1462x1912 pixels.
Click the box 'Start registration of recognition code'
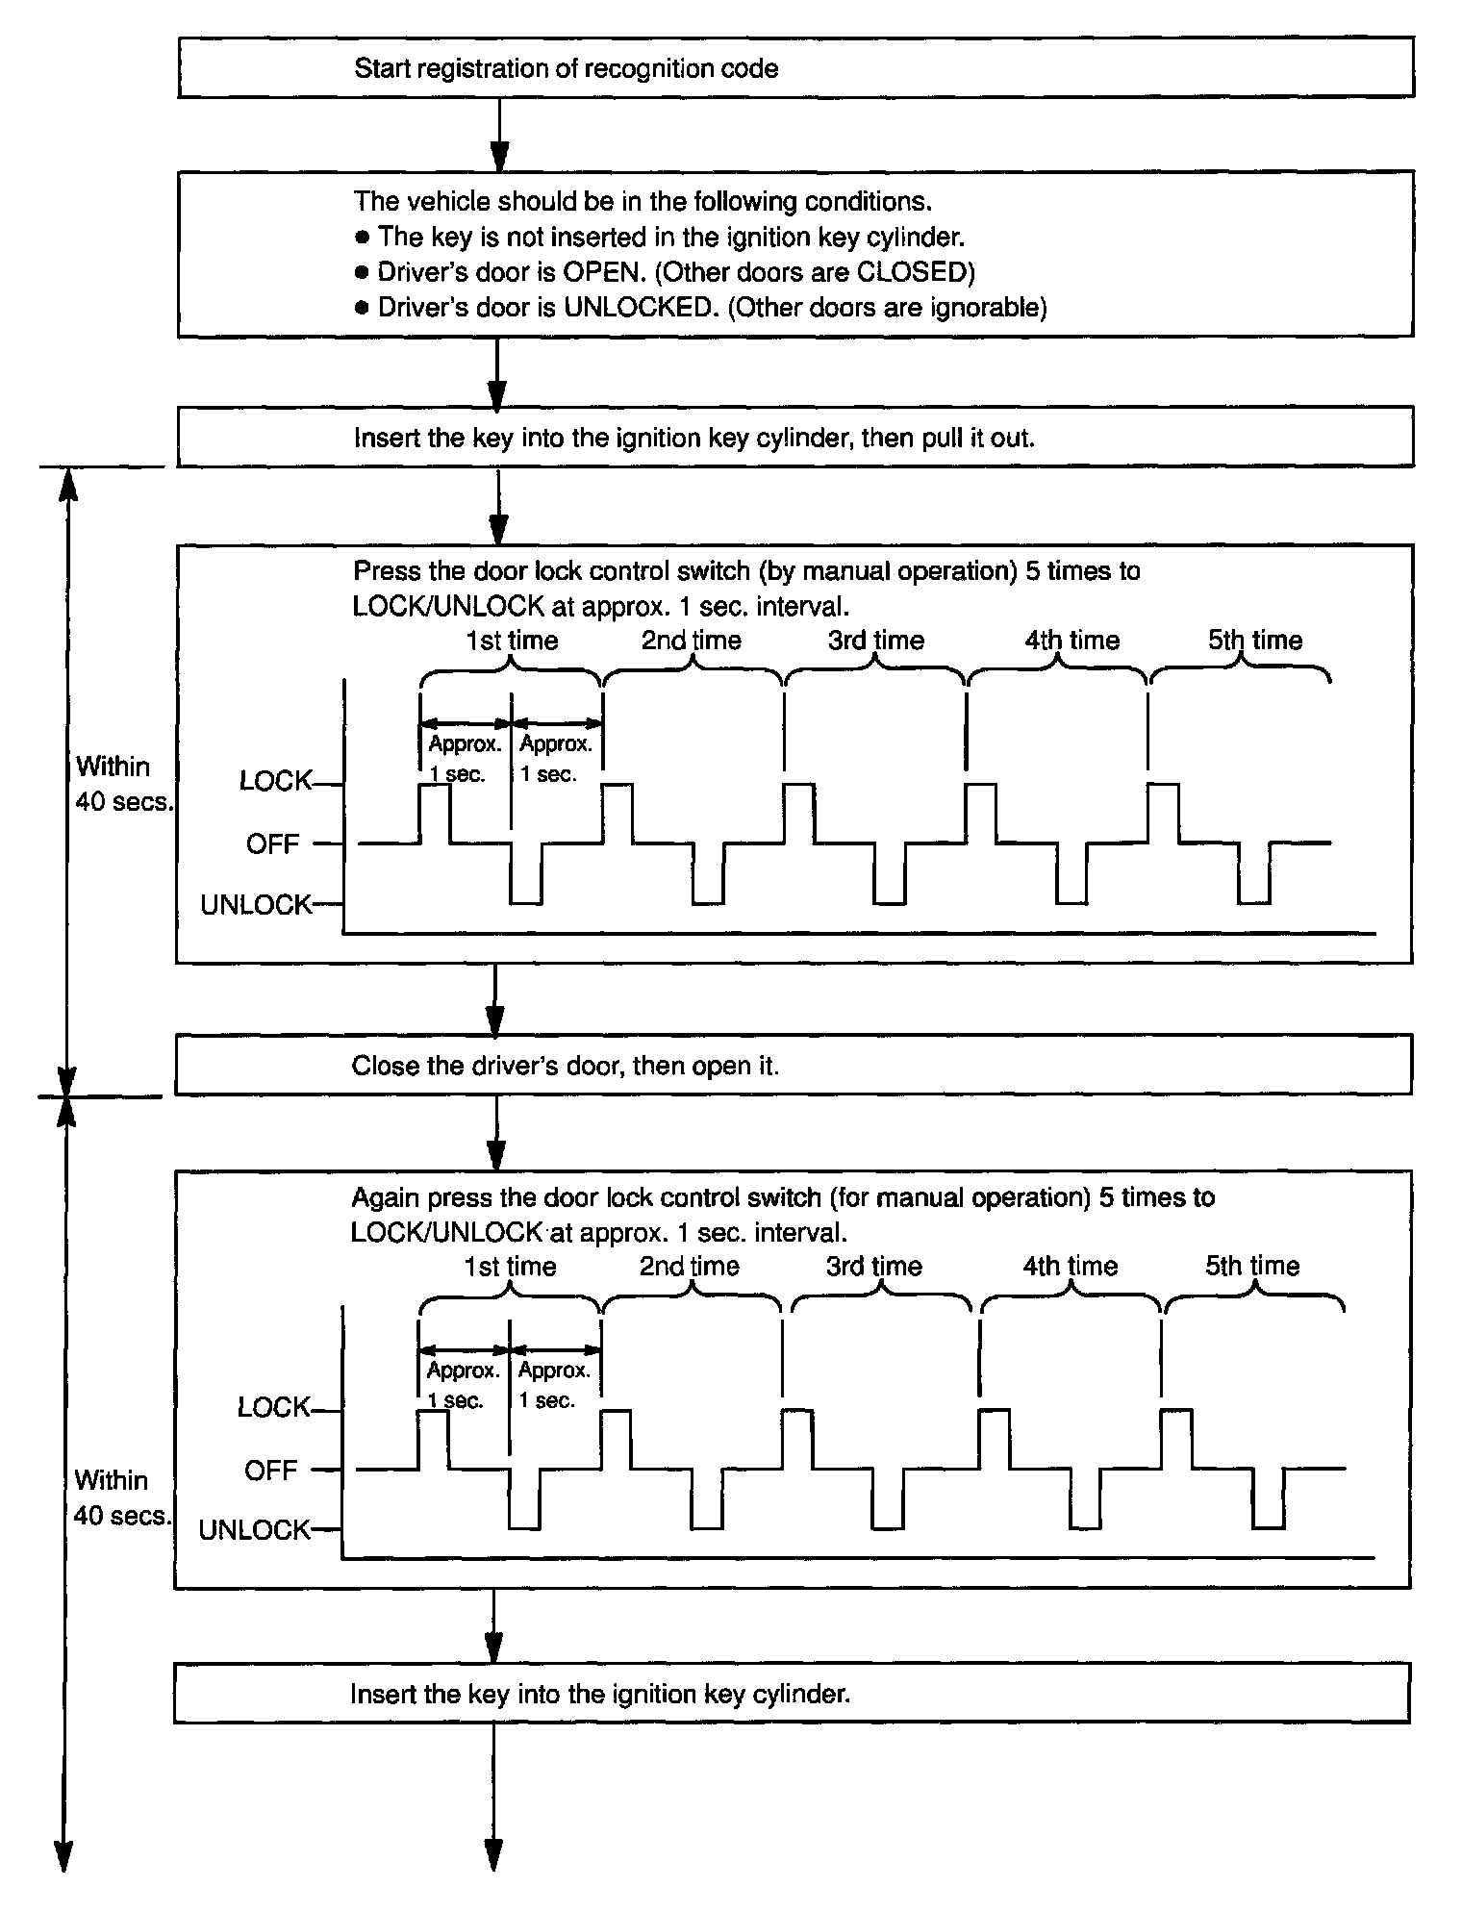(x=794, y=68)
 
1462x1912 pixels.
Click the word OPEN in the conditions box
(x=602, y=272)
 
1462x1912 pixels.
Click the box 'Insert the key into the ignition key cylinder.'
(x=791, y=1694)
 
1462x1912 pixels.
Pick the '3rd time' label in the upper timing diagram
(x=875, y=641)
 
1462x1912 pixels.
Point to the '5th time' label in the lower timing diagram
(x=1252, y=1266)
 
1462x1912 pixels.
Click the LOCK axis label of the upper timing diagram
(x=276, y=781)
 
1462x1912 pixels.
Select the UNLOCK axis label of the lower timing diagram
(x=255, y=1530)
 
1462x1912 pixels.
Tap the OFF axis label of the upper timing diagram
(x=273, y=844)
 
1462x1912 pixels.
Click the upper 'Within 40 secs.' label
(x=121, y=784)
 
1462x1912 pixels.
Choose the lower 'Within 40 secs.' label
(x=119, y=1497)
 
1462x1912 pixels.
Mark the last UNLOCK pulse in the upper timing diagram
(x=1254, y=875)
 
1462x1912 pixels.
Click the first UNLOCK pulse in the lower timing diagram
(x=524, y=1499)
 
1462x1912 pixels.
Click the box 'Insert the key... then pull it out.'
(x=794, y=438)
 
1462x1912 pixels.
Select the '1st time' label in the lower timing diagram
(x=510, y=1267)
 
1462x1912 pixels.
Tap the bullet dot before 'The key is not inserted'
(x=362, y=238)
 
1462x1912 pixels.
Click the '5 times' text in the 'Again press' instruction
(x=1133, y=1197)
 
